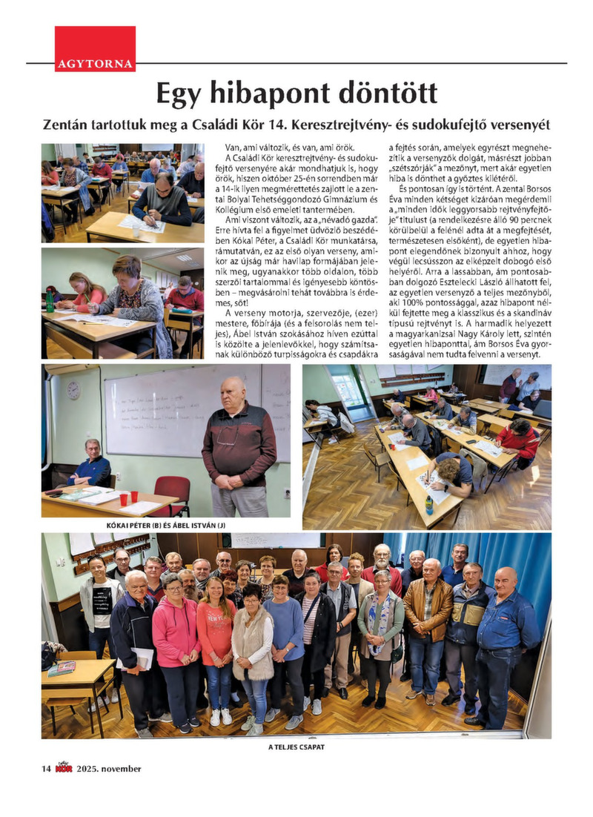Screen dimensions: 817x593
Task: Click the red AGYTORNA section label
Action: [x=95, y=64]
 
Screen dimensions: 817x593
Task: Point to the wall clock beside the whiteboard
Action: [x=73, y=390]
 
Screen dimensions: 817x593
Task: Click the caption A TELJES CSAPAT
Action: [x=296, y=747]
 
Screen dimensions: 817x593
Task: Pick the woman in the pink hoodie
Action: [x=176, y=638]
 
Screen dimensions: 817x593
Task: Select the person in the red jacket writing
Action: [x=519, y=443]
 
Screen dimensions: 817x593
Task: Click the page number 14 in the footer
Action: [x=46, y=768]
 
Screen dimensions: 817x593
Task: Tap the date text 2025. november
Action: [x=110, y=768]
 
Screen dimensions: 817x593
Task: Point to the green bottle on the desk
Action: [x=50, y=301]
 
